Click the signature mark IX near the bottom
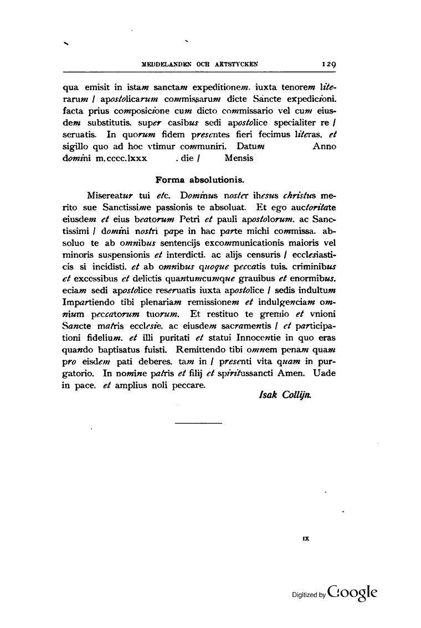[305, 536]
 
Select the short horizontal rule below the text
[198, 423]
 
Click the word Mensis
[239, 158]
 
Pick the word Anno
[325, 146]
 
